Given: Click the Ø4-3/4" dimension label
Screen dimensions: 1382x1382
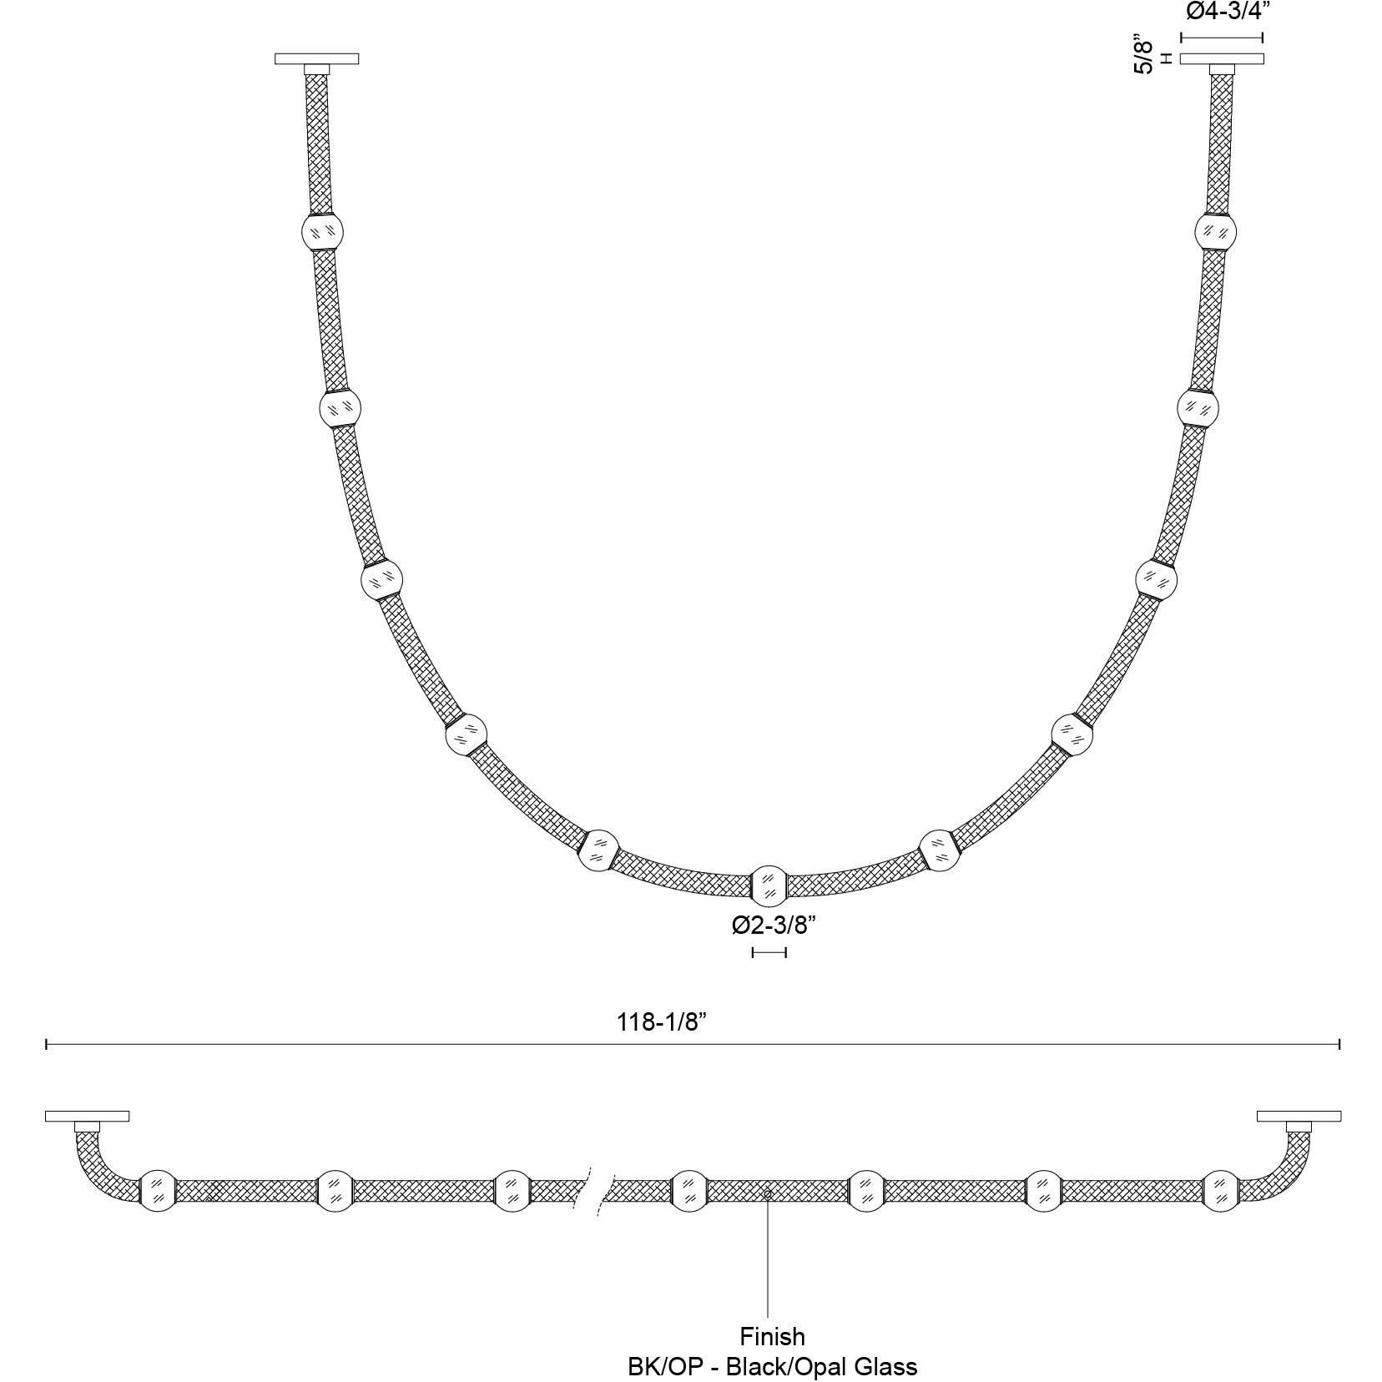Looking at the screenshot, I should pos(1221,12).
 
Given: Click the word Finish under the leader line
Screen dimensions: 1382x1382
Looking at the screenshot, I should pos(772,1336).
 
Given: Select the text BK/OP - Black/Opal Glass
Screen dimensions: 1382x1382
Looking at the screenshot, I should pos(772,1366).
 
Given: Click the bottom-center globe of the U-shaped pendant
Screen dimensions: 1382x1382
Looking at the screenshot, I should pos(769,886).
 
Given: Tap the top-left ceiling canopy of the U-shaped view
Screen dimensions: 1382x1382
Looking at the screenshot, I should pos(316,58).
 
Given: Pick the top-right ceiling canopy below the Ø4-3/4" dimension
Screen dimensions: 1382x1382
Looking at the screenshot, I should pos(1222,58).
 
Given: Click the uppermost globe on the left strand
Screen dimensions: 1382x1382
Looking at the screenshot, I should pos(321,231).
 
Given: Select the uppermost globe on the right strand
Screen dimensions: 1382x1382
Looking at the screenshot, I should pos(1215,231).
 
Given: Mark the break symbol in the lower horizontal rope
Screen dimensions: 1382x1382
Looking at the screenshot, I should pos(594,1191).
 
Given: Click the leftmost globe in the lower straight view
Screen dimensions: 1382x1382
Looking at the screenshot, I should pos(157,1190).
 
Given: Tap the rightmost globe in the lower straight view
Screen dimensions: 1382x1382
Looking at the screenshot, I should pos(1222,1190).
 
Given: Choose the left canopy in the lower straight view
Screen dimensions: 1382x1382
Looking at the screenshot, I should pos(87,1116).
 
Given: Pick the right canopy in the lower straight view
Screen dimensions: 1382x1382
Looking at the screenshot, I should pos(1299,1116).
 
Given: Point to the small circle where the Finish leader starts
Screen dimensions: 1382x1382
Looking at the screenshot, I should pos(767,1194).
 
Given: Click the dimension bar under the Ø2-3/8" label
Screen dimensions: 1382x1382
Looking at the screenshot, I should pos(769,952).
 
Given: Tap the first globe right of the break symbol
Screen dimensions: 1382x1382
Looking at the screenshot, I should pos(689,1190).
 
